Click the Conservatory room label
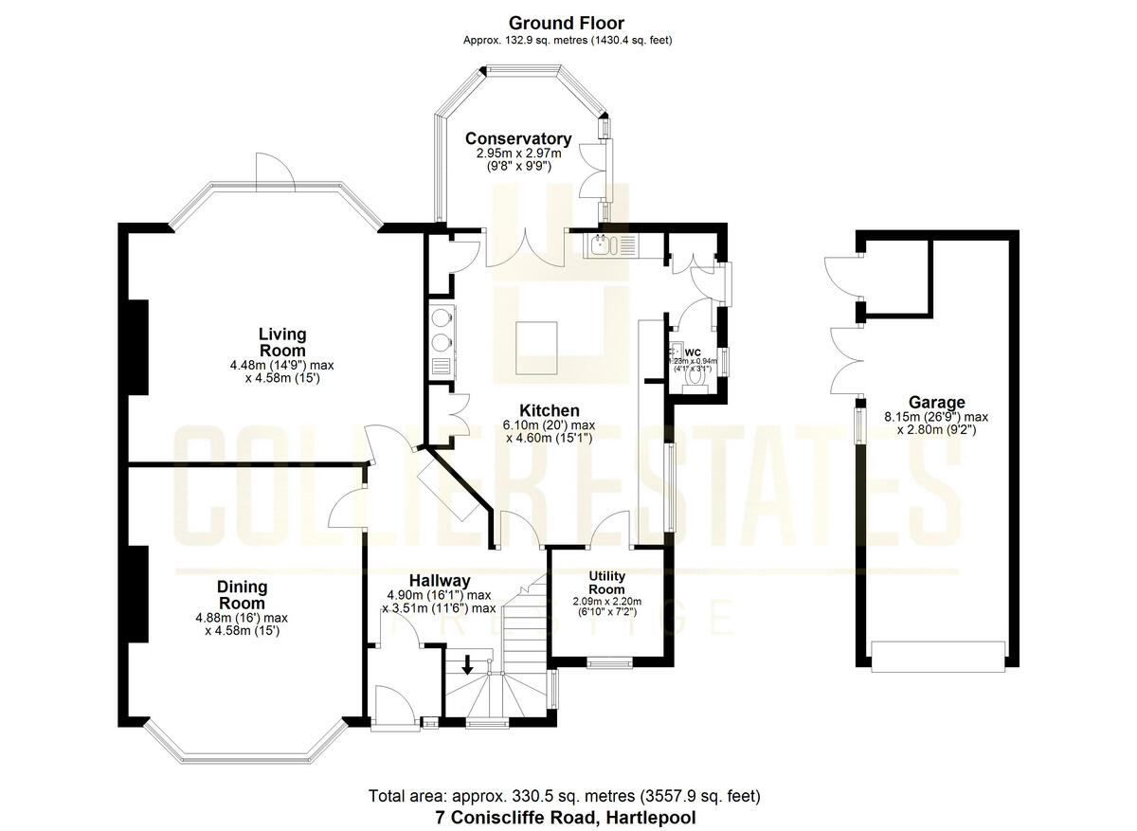[524, 138]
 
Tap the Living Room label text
[282, 342]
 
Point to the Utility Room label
[607, 583]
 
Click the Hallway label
[440, 580]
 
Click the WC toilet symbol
[697, 374]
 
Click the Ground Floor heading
[567, 23]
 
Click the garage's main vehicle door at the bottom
[937, 656]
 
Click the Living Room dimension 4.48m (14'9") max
[282, 365]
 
